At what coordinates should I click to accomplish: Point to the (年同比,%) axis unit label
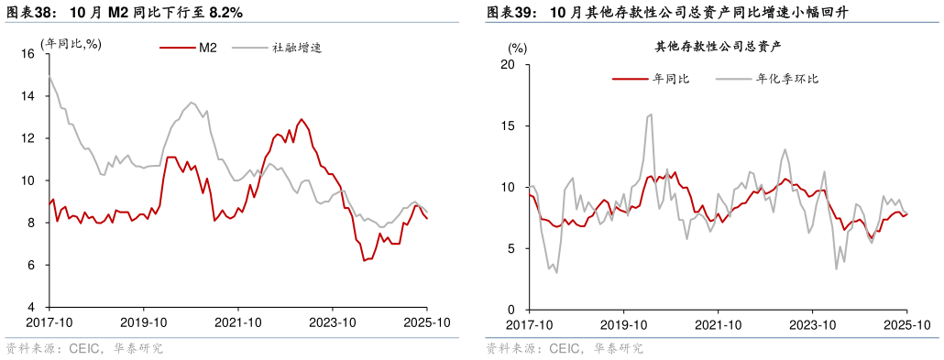pos(71,43)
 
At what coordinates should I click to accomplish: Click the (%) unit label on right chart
pos(518,48)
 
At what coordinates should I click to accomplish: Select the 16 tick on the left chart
pos(27,54)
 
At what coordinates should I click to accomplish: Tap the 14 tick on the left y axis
pos(27,96)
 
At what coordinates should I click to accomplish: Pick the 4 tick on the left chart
pos(31,307)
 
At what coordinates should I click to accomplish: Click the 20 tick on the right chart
pos(510,65)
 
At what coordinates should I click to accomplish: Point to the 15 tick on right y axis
pos(510,125)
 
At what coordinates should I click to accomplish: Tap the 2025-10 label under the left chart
pos(427,322)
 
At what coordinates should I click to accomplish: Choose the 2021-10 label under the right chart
pos(719,325)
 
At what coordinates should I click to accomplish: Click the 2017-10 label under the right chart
pos(529,325)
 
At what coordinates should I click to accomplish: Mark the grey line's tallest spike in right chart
pos(651,115)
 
